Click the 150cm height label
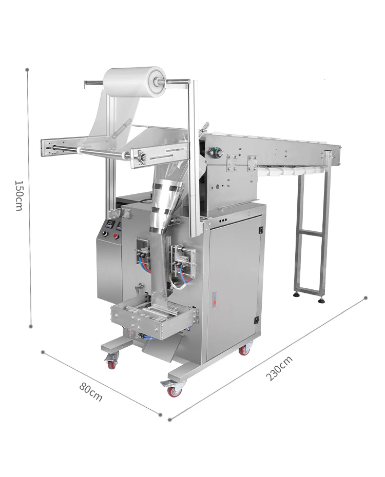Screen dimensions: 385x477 (x=18, y=195)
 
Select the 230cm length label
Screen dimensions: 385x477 (x=279, y=368)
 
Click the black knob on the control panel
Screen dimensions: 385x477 (x=106, y=234)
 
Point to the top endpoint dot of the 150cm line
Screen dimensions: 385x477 (x=27, y=70)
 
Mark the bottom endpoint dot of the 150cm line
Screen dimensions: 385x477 (x=31, y=326)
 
